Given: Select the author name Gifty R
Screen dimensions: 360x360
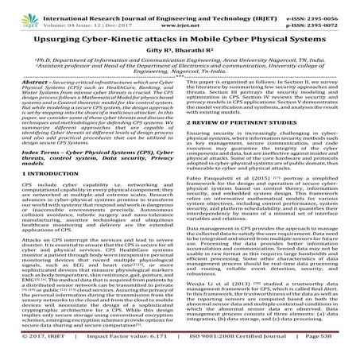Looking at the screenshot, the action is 156,53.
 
